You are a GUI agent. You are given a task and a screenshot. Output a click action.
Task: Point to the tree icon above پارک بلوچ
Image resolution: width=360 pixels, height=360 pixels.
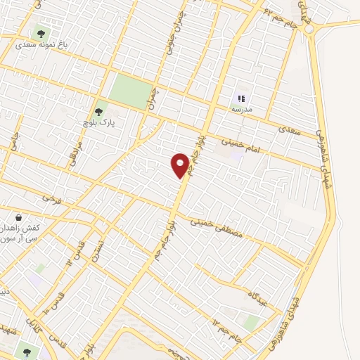pos(98,110)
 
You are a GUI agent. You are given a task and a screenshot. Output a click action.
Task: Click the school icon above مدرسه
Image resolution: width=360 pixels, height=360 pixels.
pos(241,98)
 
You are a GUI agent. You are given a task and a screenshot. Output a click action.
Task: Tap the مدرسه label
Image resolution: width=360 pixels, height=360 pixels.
pos(241,110)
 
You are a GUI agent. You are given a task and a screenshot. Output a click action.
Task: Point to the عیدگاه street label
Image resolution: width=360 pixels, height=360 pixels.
pos(259,290)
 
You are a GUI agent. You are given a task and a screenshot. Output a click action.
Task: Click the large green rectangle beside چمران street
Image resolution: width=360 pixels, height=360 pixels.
pos(131,91)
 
